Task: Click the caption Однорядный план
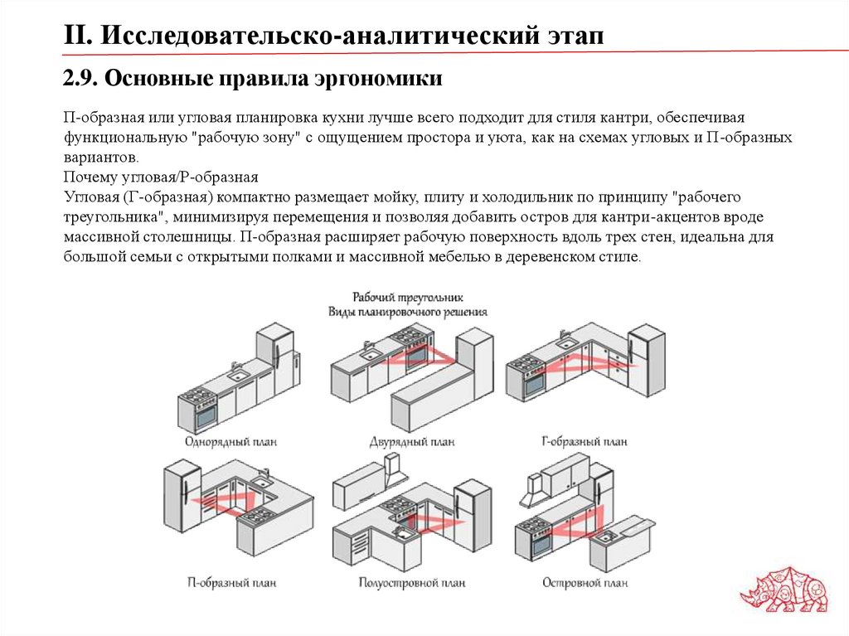[226, 442]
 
